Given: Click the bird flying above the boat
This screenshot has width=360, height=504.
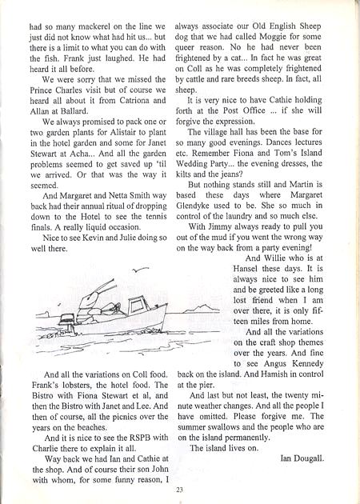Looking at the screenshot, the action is (142, 270).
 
